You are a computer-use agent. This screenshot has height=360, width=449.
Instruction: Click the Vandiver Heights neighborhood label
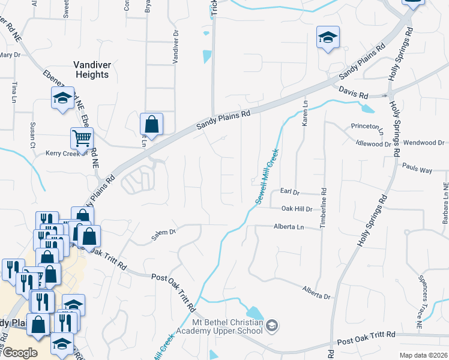tap(91, 70)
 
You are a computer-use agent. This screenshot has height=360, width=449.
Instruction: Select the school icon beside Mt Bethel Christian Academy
tap(273, 326)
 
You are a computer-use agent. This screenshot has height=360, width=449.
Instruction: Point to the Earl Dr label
tap(289, 191)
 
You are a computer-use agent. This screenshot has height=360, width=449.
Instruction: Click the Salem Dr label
tap(163, 232)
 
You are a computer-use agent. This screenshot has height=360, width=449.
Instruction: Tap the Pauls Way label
tap(417, 170)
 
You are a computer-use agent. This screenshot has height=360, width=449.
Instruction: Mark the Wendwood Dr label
tap(424, 143)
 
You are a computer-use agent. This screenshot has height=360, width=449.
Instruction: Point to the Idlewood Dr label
tap(373, 144)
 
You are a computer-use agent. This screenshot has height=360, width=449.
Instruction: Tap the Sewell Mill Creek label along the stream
tap(267, 177)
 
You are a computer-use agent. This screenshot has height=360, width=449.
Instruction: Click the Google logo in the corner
tap(20, 353)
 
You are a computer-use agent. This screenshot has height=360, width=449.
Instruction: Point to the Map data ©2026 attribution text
tap(423, 355)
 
